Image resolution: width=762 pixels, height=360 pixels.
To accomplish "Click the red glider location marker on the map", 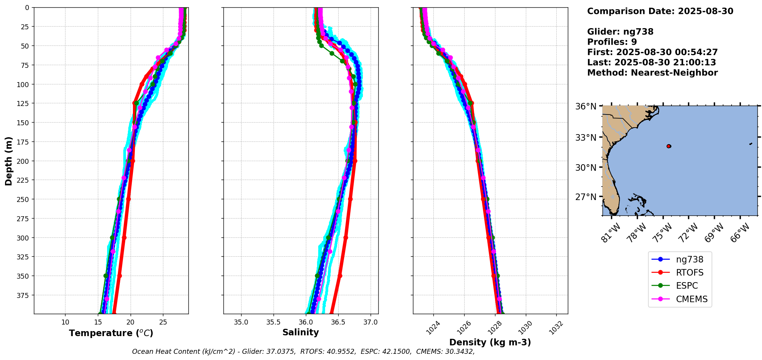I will pos(669,146).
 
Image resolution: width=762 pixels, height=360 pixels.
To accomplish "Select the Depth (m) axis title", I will pos(8,161).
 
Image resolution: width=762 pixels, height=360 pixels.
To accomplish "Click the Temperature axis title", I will pos(111,333).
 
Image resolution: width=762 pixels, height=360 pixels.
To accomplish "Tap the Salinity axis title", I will pos(300,332).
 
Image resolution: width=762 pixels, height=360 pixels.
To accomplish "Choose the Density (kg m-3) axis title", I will pos(490,342).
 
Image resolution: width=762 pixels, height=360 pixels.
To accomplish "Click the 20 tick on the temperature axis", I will pos(131,322).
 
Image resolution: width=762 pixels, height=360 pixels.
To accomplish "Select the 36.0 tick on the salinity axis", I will pos(306,322).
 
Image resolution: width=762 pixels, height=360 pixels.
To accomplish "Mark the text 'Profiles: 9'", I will pos(612,42).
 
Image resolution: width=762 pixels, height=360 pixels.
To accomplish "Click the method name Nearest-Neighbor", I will pos(674,73).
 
